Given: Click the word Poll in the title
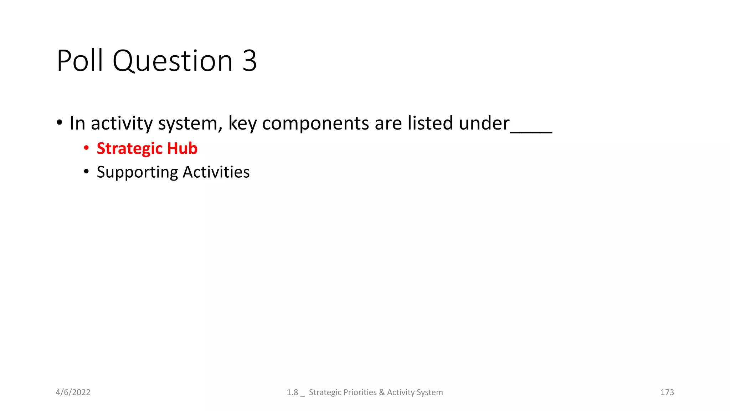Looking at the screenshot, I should click(80, 61).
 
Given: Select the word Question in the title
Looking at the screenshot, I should click(173, 61).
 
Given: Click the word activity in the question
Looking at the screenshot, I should click(122, 123).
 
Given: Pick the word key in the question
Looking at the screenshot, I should click(242, 123).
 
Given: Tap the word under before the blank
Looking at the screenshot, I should click(484, 123).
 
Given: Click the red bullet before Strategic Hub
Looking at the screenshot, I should click(86, 148).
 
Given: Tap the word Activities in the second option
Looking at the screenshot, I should click(216, 172).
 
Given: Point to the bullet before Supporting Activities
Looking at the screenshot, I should click(86, 172).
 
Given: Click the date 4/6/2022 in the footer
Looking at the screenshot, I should click(73, 392).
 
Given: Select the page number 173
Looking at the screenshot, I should click(667, 392).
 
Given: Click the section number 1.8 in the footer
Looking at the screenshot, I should click(292, 392).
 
